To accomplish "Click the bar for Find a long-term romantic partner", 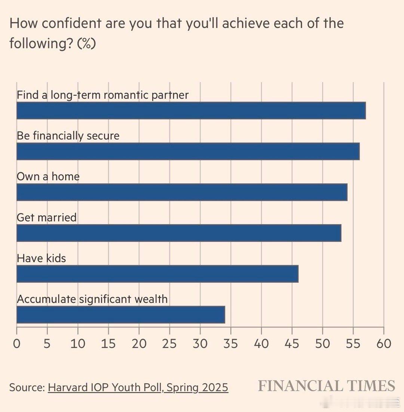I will (191, 110).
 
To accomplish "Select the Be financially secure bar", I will (188, 151).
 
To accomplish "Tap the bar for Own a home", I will (182, 192).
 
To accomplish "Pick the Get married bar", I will (179, 233).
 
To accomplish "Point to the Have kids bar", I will (157, 274).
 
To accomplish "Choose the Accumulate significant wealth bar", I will (120, 315).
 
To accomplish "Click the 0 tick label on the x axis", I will (16, 343).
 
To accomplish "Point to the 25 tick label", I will (169, 343).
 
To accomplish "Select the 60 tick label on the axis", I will (383, 343).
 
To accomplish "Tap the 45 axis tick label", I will (292, 343).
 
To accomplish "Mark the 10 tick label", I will (78, 343).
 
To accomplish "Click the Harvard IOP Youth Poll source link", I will (138, 387).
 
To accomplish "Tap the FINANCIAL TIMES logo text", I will (327, 386).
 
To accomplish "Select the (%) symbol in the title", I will (86, 44).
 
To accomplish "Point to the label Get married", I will (47, 217).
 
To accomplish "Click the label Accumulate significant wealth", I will (92, 299).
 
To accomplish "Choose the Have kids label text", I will (41, 258).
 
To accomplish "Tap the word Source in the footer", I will (27, 387).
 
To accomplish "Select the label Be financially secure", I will (68, 136).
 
